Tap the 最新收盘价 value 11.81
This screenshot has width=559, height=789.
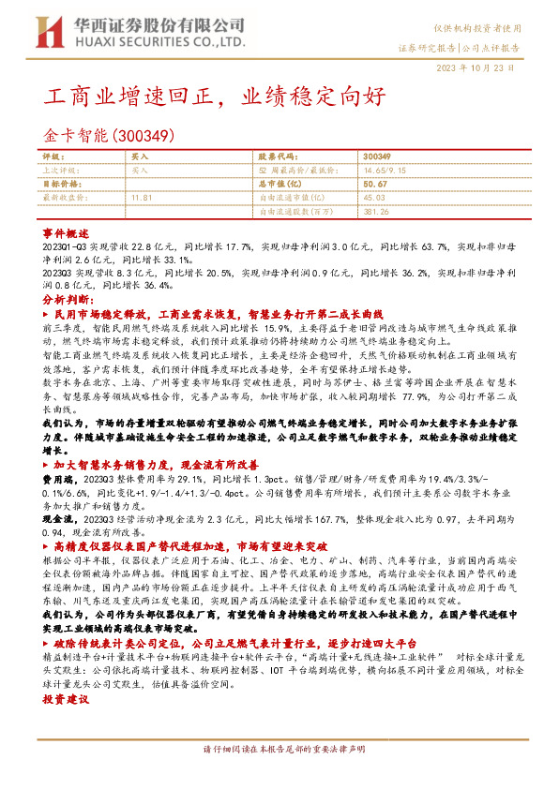142,199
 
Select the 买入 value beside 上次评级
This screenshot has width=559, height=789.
140,171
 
